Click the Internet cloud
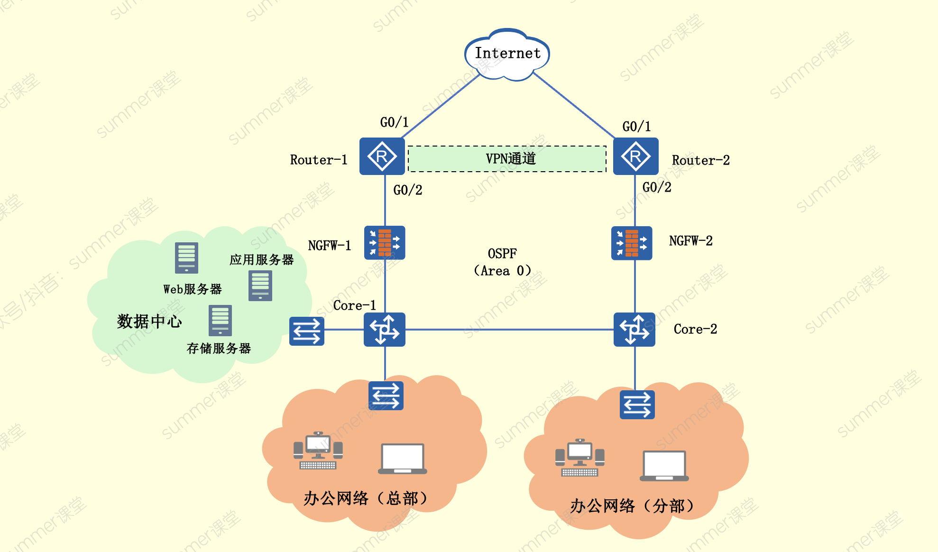point(507,54)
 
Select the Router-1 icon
point(382,156)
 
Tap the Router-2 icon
point(635,156)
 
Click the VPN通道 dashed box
point(507,159)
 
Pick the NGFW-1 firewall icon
point(385,242)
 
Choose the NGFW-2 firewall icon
point(632,243)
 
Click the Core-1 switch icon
point(385,329)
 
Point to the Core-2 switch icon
point(635,329)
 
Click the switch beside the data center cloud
point(307,331)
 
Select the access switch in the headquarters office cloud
point(386,396)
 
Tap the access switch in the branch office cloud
point(637,405)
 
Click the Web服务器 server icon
point(186,258)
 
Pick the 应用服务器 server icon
point(260,285)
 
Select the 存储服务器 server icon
point(221,320)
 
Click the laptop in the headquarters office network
point(403,459)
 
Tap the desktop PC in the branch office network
point(579,457)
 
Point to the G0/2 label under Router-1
point(408,190)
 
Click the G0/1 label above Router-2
point(636,127)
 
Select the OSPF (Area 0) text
point(503,262)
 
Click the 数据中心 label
point(149,322)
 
